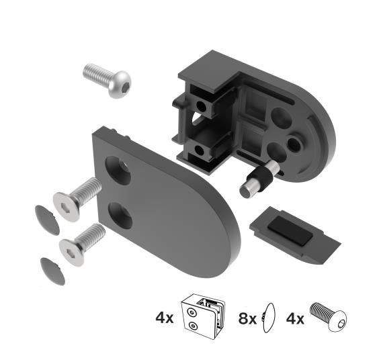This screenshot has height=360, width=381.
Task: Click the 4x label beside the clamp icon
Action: pyautogui.click(x=164, y=317)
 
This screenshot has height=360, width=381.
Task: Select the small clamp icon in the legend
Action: pyautogui.click(x=206, y=316)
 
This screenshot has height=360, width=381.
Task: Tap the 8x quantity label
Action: pyautogui.click(x=248, y=317)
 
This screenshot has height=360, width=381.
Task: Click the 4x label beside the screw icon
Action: pyautogui.click(x=296, y=317)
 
